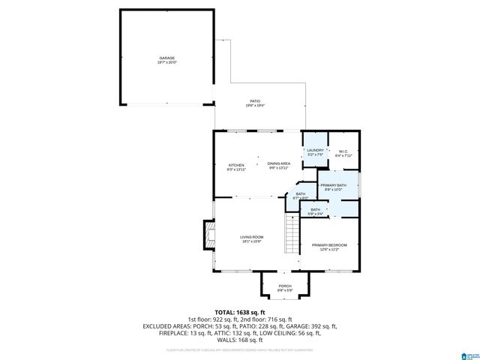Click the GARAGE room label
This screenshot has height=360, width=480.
pyautogui.click(x=166, y=58)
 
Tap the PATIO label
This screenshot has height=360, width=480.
pyautogui.click(x=255, y=100)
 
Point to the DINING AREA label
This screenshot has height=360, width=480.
pyautogui.click(x=279, y=163)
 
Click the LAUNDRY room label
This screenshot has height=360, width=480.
pyautogui.click(x=315, y=150)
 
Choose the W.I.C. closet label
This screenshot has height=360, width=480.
pyautogui.click(x=344, y=151)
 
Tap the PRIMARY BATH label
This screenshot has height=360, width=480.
pyautogui.click(x=333, y=184)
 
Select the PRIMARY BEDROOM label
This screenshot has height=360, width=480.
pyautogui.click(x=329, y=245)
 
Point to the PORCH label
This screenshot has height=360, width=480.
pyautogui.click(x=285, y=286)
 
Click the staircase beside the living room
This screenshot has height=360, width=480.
pyautogui.click(x=292, y=235)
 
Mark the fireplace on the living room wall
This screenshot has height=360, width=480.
pyautogui.click(x=208, y=235)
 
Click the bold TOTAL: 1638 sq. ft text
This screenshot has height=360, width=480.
pyautogui.click(x=240, y=312)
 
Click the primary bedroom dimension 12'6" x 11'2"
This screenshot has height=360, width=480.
pyautogui.click(x=329, y=250)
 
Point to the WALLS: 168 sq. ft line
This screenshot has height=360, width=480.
pyautogui.click(x=240, y=339)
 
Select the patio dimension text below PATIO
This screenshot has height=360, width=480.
pyautogui.click(x=255, y=106)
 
